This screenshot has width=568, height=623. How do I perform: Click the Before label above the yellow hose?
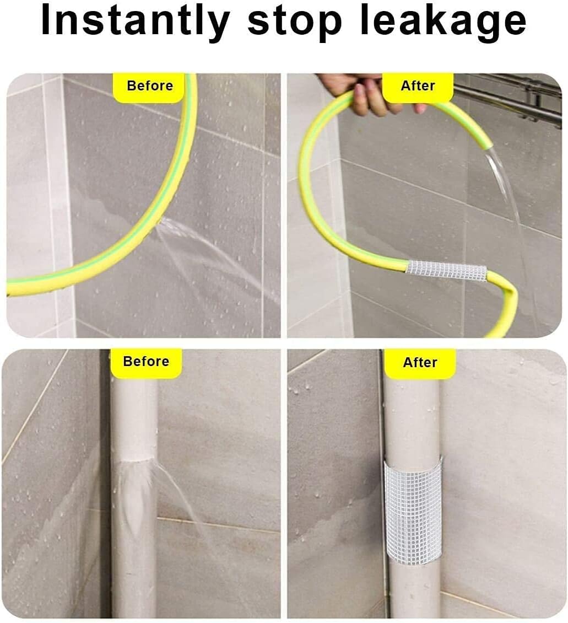pos(149,86)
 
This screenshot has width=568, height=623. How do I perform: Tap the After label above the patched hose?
pos(418,86)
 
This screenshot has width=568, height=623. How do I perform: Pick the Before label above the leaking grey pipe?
pos(146,362)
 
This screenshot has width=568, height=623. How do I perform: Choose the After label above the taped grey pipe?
pos(420,363)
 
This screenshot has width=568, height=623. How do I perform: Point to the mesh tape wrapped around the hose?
pos(446,271)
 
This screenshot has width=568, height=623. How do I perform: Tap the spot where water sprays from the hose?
pos(160,223)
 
